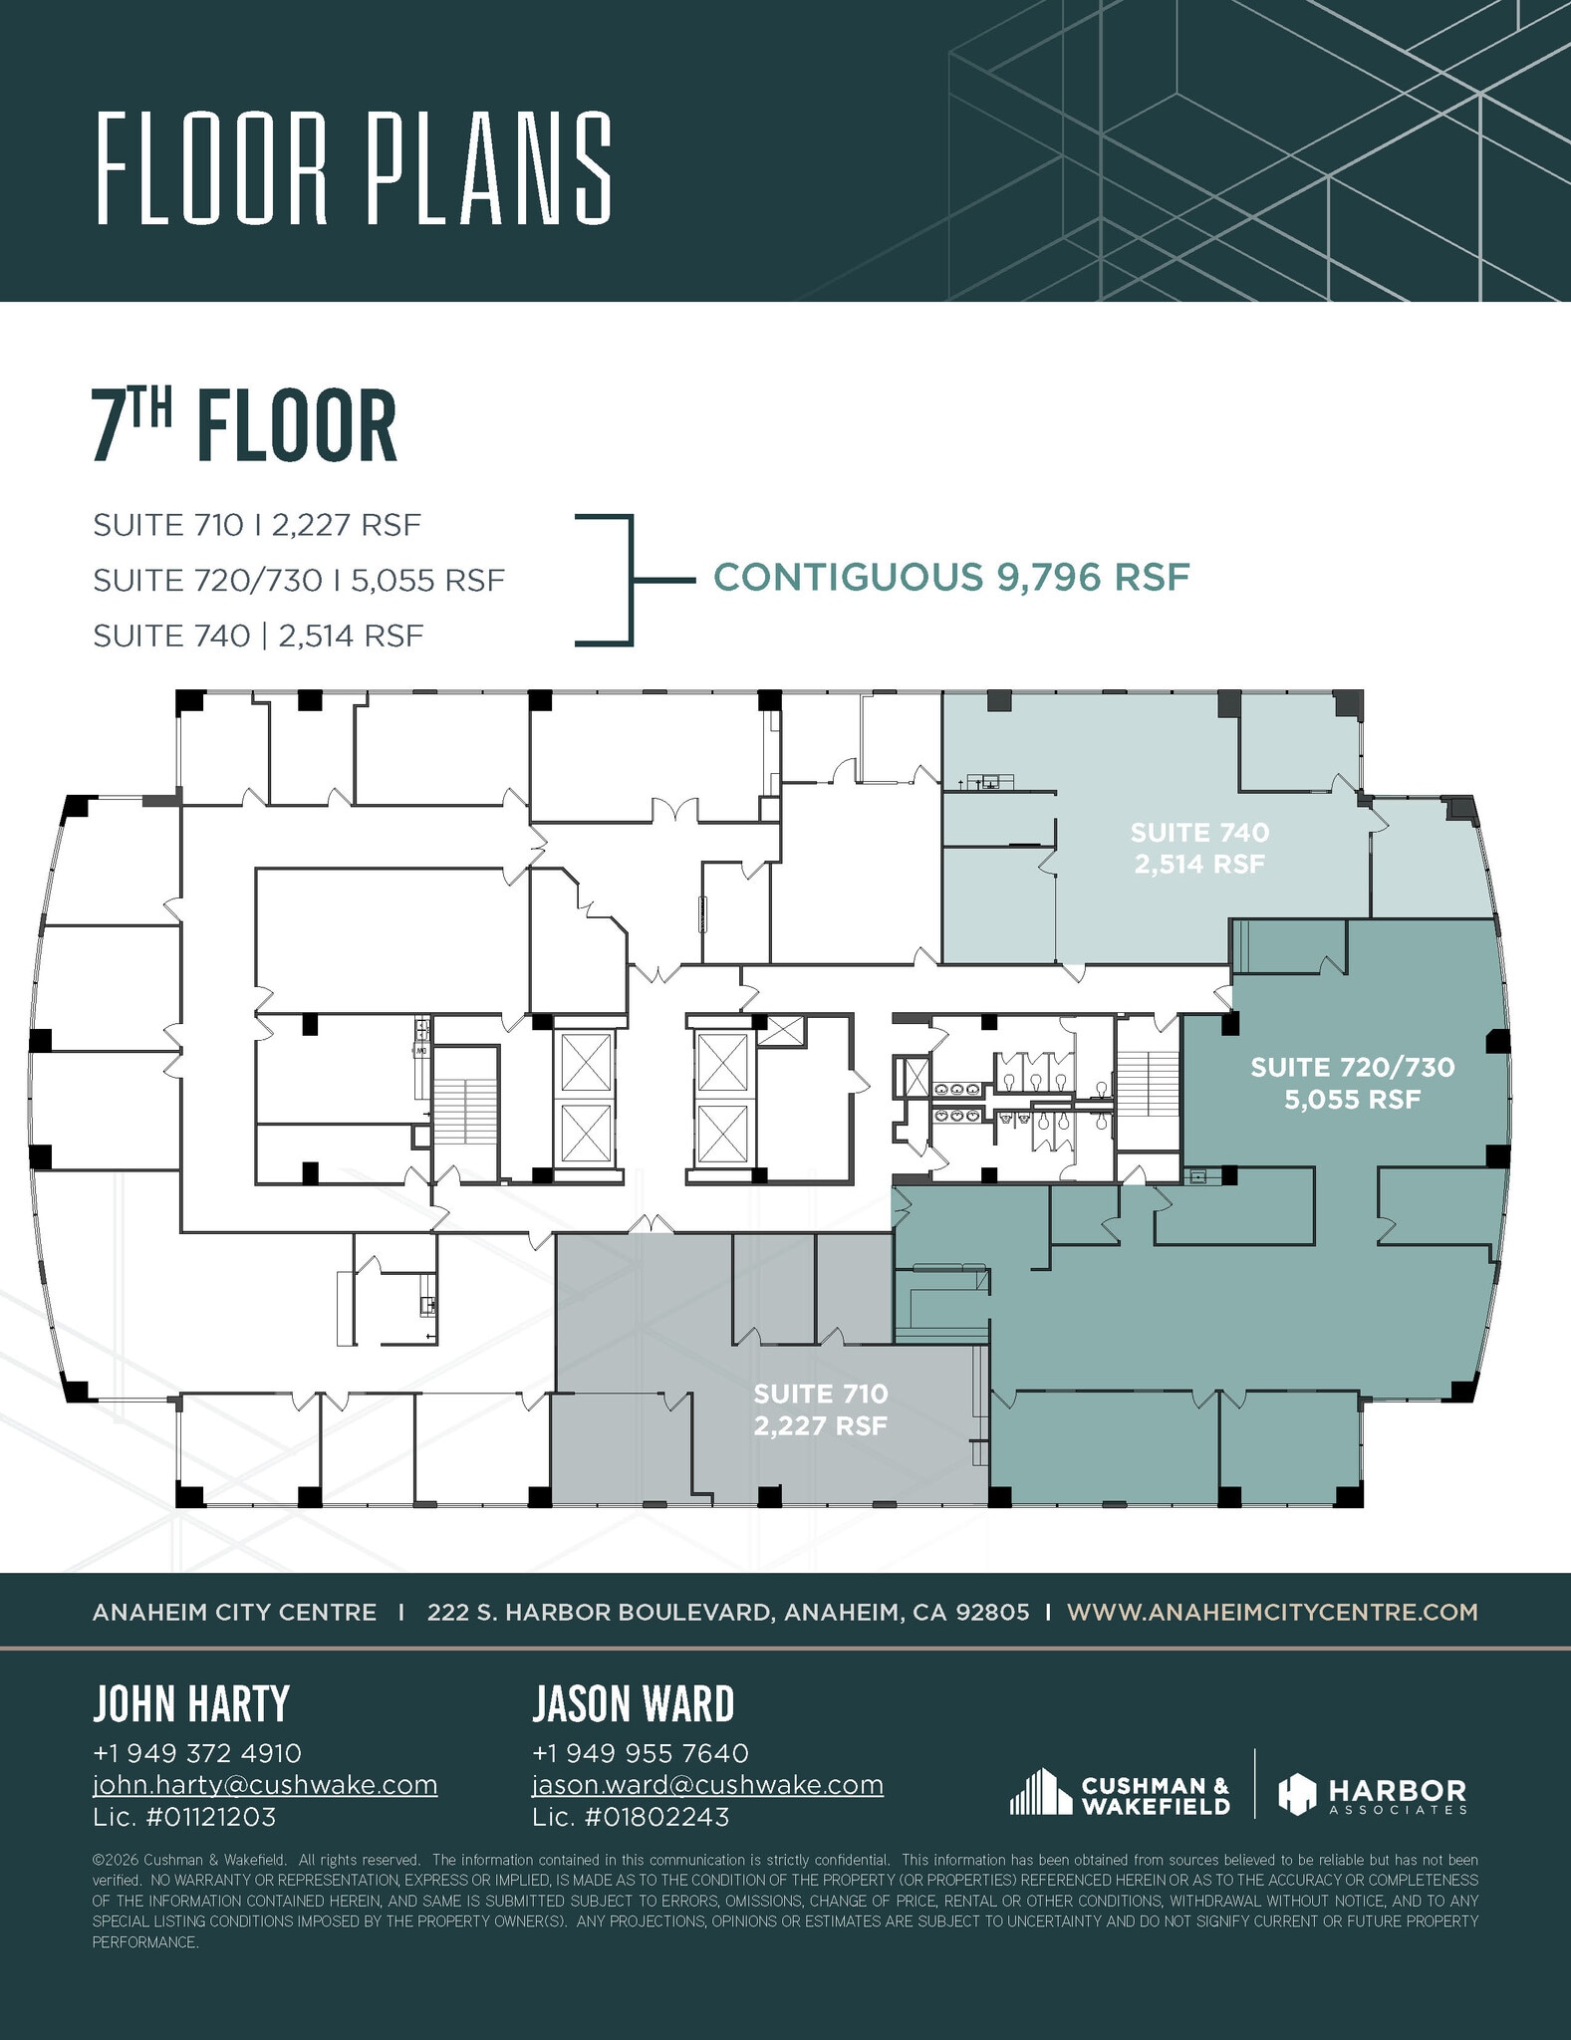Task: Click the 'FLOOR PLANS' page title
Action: tap(354, 168)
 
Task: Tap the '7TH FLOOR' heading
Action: tap(245, 426)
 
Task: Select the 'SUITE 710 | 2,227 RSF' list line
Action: tap(257, 525)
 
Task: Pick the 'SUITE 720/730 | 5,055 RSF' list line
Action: tap(299, 580)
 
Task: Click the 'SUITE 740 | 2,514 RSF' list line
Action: tap(259, 636)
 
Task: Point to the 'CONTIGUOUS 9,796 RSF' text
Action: tap(951, 578)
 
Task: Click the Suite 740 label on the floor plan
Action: tap(1199, 848)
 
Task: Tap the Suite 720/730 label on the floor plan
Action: tap(1352, 1084)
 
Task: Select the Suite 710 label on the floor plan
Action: tap(820, 1409)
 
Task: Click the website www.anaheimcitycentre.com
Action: tap(1272, 1612)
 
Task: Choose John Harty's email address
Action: tap(265, 1784)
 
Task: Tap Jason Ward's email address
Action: tap(707, 1784)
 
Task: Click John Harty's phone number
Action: tap(196, 1753)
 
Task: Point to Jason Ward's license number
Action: tap(631, 1817)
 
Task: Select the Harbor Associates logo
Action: tap(1373, 1795)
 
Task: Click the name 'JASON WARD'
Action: tap(633, 1704)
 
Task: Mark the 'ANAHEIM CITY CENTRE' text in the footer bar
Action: tap(234, 1612)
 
